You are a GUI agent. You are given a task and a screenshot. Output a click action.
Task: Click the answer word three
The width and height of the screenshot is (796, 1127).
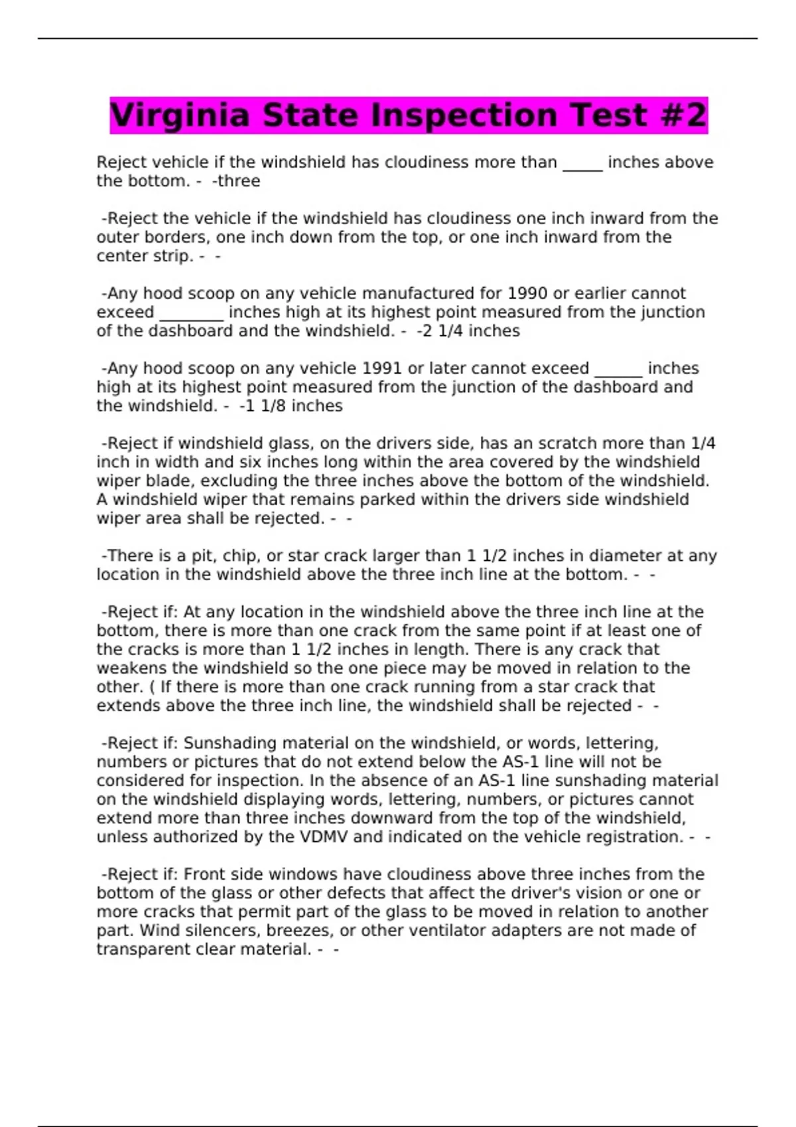[x=238, y=181]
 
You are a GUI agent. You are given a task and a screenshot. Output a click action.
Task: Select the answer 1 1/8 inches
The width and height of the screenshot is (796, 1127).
[x=294, y=406]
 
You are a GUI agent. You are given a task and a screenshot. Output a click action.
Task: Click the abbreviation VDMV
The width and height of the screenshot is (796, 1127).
[x=324, y=837]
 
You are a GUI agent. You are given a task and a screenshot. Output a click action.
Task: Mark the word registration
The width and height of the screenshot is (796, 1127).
[x=633, y=837]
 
